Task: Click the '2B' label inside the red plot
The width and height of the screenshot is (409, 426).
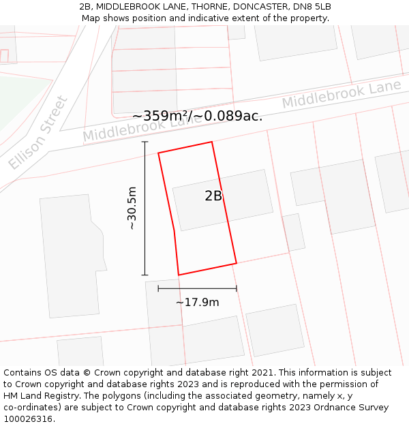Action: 213,196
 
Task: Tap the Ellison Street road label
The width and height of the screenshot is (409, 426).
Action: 39,134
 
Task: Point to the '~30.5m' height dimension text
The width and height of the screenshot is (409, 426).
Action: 132,208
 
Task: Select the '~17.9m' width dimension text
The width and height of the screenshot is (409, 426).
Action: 198,302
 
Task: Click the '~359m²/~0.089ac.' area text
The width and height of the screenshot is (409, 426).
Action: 197,116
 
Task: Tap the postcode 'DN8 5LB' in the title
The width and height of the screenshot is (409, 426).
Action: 313,7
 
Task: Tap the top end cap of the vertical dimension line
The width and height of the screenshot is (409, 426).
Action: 145,142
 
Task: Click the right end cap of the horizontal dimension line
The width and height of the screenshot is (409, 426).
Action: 237,288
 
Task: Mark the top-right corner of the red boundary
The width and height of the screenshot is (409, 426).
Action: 211,142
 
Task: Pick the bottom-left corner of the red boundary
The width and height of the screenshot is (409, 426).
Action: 179,275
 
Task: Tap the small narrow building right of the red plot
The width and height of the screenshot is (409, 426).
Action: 294,232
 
